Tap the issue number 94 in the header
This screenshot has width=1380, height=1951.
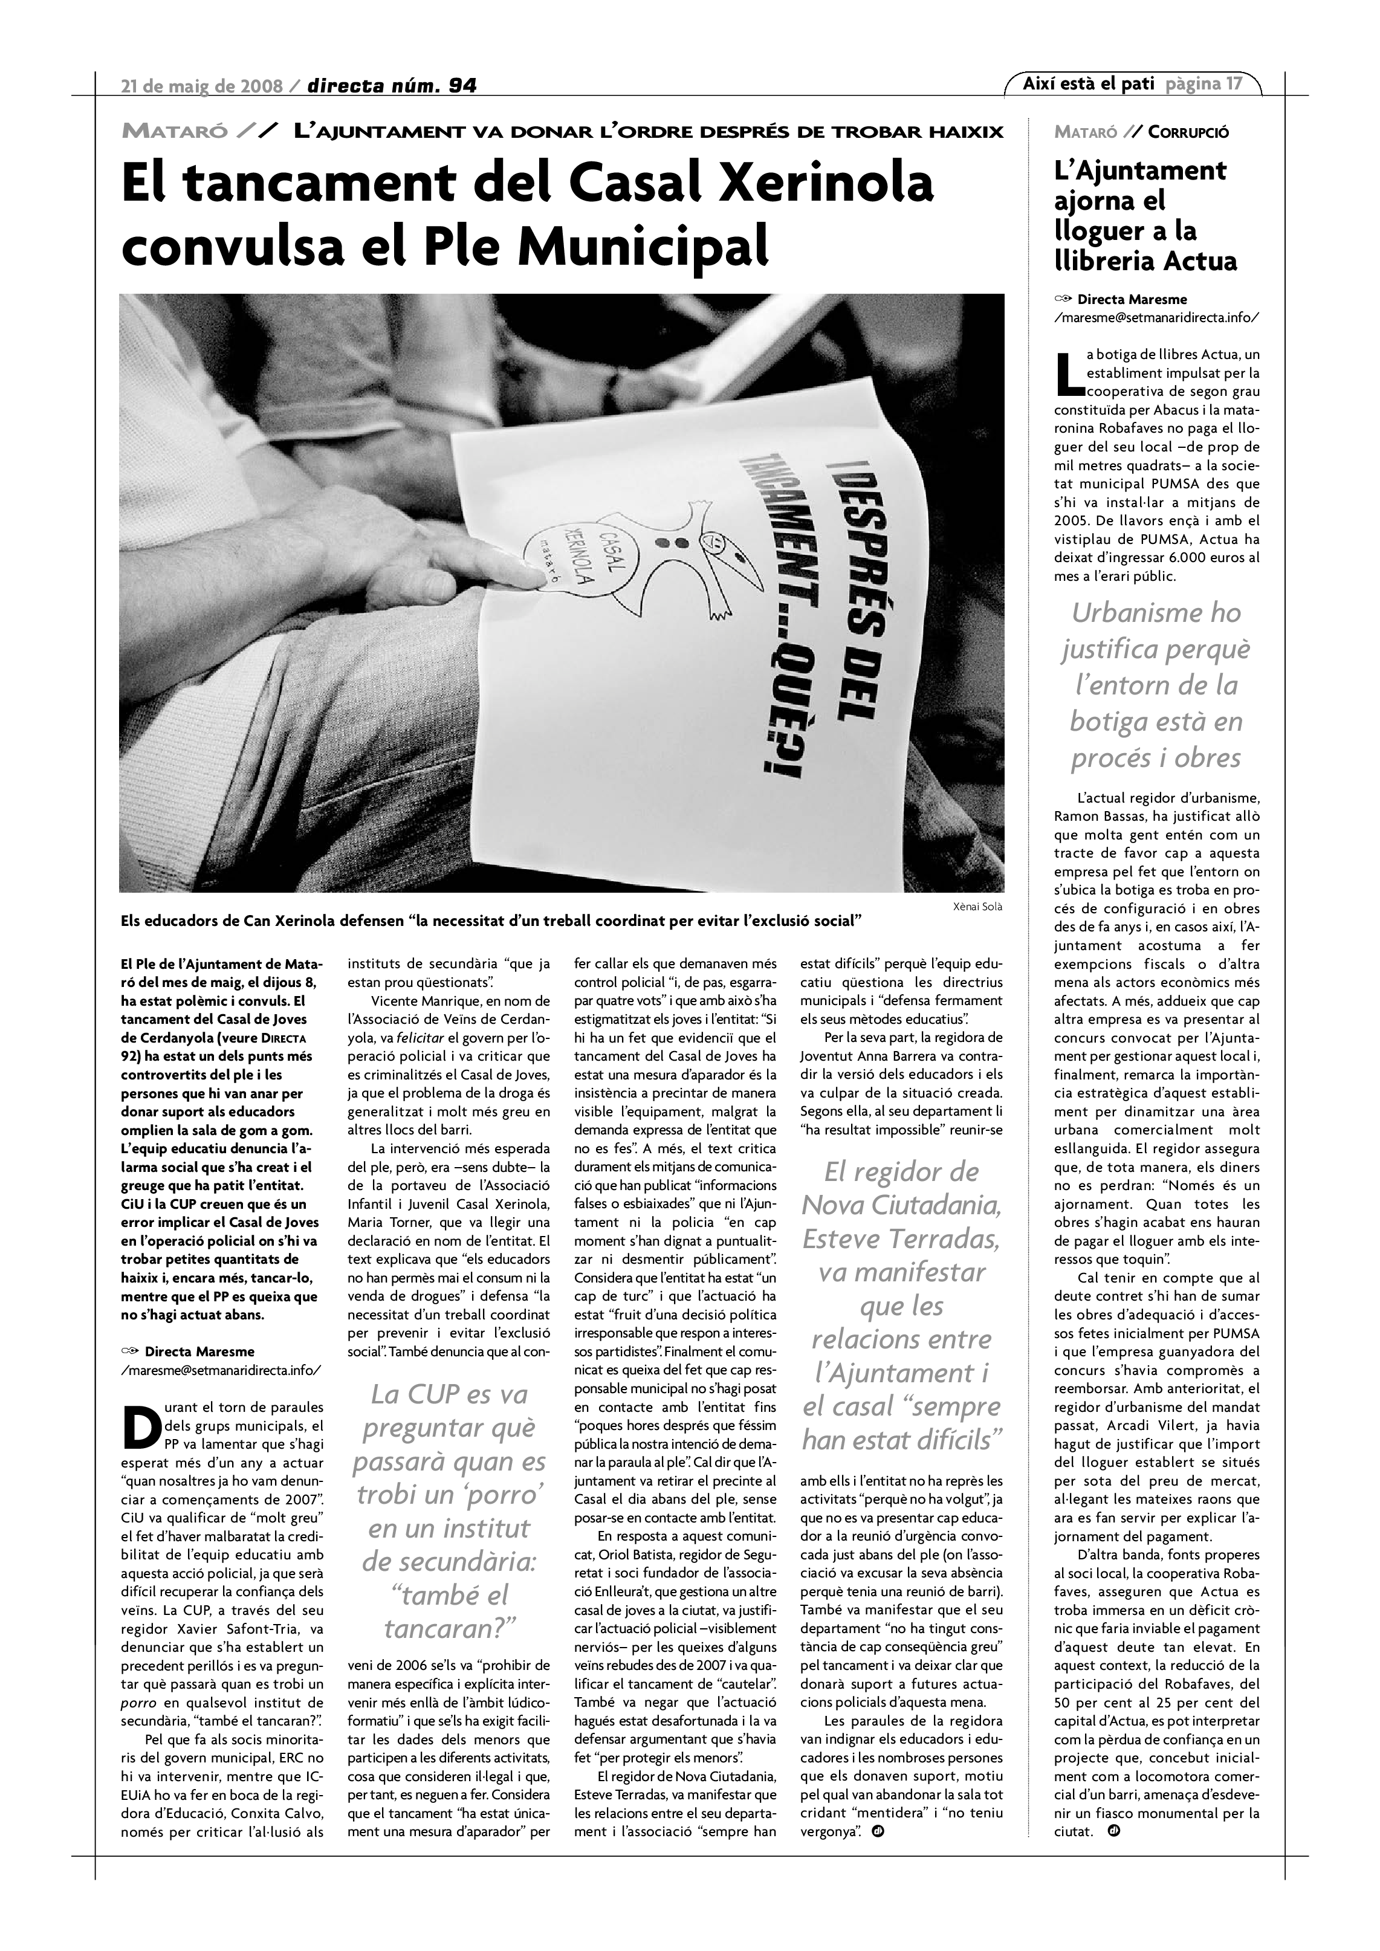point(462,85)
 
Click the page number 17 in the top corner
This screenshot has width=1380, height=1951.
point(1233,83)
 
